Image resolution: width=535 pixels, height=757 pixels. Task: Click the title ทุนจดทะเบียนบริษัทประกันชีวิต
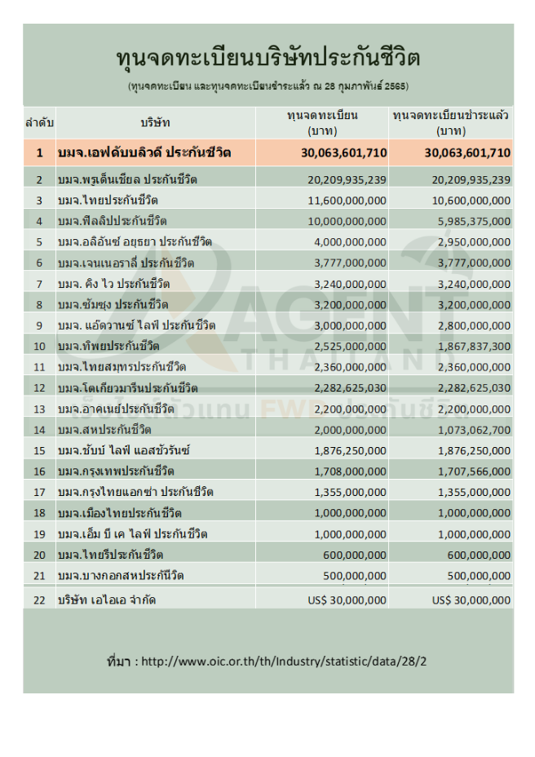(x=268, y=60)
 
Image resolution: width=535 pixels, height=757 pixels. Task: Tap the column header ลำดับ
(x=39, y=122)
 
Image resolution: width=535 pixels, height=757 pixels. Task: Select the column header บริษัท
(x=155, y=122)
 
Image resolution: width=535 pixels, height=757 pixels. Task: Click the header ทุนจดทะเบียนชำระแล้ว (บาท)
(x=451, y=122)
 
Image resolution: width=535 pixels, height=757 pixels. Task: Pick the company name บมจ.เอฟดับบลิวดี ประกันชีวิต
(x=144, y=153)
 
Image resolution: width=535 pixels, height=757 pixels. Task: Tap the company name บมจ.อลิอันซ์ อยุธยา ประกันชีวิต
(x=135, y=241)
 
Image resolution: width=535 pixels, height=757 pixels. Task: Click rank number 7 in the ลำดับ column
(x=39, y=283)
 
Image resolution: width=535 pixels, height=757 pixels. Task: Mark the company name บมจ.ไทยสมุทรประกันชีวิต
(x=122, y=366)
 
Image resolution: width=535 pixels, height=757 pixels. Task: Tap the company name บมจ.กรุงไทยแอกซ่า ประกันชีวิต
(x=135, y=491)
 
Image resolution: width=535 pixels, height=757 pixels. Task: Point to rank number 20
(x=39, y=554)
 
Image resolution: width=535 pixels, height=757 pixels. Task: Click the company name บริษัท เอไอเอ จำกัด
(x=106, y=600)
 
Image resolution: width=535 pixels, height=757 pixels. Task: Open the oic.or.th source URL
(x=283, y=661)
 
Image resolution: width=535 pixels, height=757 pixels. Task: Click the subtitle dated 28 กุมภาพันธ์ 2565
(x=268, y=86)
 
